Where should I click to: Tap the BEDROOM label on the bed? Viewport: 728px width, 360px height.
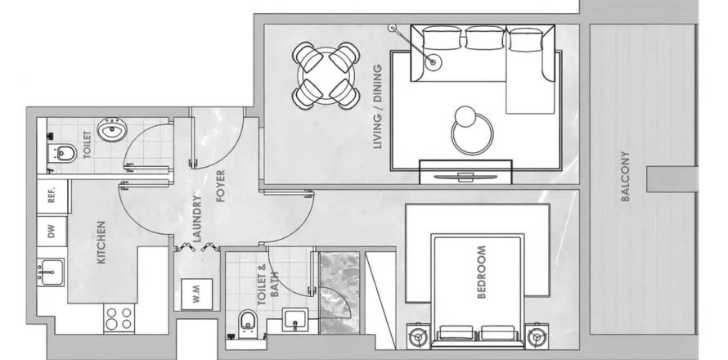pos(482,272)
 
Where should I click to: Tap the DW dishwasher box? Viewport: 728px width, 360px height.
pos(52,232)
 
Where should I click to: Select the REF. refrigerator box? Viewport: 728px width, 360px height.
pos(51,196)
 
